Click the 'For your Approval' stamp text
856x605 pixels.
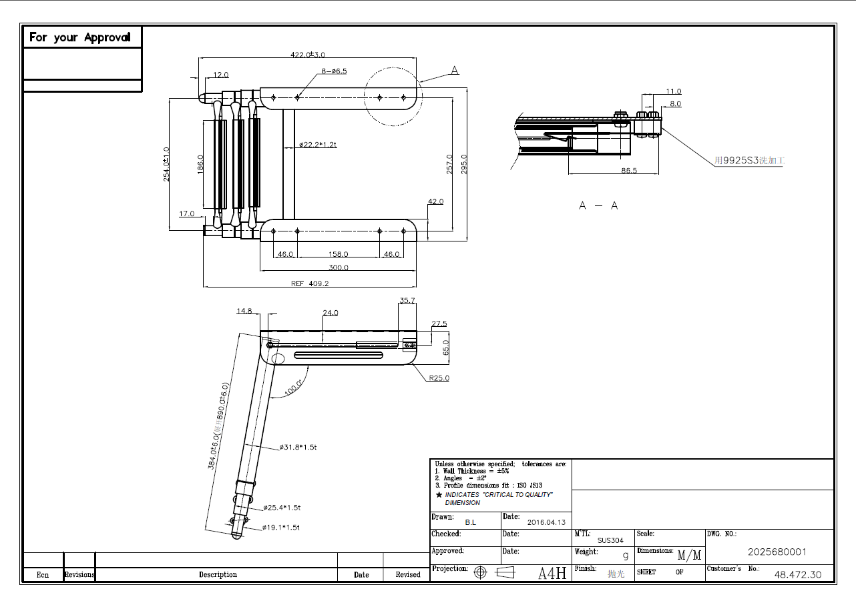pyautogui.click(x=79, y=37)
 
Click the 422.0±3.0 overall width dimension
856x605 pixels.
pyautogui.click(x=308, y=55)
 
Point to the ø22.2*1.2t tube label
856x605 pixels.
pyautogui.click(x=318, y=144)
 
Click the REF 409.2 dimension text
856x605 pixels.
pyautogui.click(x=310, y=283)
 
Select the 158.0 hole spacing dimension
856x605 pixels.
pyautogui.click(x=339, y=254)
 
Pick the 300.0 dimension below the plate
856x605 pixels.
pyautogui.click(x=339, y=267)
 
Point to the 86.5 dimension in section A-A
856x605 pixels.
pyautogui.click(x=629, y=171)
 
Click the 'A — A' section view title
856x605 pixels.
pyautogui.click(x=598, y=205)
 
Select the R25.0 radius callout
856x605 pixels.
pyautogui.click(x=439, y=378)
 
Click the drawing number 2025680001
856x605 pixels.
pyautogui.click(x=777, y=552)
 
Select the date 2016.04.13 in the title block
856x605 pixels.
pyautogui.click(x=546, y=523)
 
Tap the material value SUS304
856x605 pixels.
pyautogui.click(x=610, y=540)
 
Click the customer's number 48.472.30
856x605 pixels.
pyautogui.click(x=798, y=574)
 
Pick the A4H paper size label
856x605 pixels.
pyautogui.click(x=552, y=573)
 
